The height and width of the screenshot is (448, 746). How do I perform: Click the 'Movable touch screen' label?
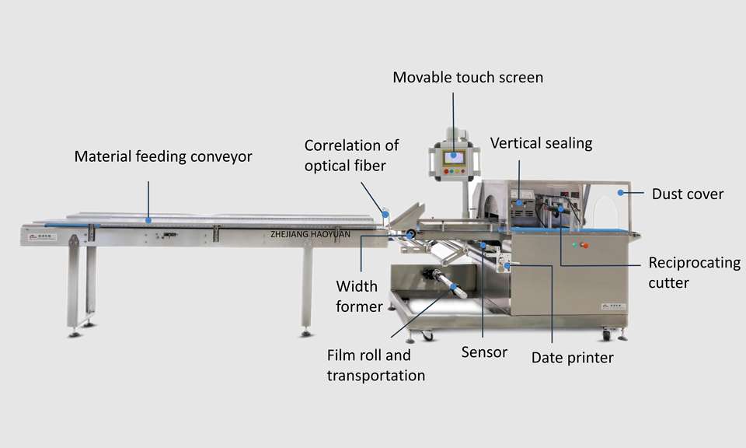468,77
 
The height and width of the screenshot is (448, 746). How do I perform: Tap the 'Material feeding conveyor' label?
163,156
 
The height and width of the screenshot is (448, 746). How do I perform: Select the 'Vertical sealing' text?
541,143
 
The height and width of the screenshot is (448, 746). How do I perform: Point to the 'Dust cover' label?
688,194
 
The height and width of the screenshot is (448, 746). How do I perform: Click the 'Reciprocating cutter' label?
694,272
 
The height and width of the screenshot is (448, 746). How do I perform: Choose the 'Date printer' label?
572,358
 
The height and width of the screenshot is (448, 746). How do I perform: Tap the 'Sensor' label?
484,352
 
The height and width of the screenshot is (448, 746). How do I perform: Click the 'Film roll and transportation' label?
375,366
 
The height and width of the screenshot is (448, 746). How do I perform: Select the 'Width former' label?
359,296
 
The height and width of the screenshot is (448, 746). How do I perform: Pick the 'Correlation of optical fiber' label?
351,155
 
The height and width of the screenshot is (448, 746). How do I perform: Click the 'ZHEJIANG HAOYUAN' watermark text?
311,233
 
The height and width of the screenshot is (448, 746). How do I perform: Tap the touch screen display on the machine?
453,157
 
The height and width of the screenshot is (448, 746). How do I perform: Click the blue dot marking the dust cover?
620,191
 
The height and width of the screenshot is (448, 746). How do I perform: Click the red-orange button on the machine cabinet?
584,246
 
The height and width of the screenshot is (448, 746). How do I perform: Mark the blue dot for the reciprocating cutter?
559,208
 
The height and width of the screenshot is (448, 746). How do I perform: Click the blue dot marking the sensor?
483,246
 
